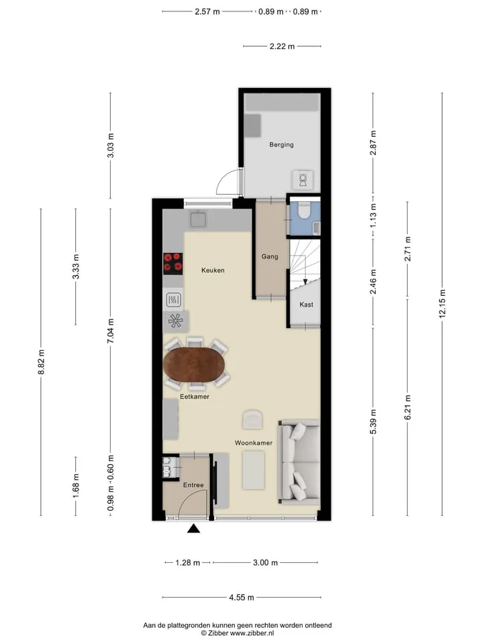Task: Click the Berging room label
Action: (x=281, y=145)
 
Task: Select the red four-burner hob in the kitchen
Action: (x=173, y=264)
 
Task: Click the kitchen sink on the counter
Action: (x=199, y=219)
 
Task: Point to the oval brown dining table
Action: (x=195, y=365)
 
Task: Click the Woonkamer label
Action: (x=254, y=443)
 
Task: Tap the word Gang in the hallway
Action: (x=270, y=256)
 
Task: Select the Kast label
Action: (x=307, y=305)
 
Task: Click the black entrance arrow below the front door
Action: (x=193, y=529)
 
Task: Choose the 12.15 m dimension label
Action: (x=442, y=303)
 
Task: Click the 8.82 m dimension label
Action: (x=41, y=362)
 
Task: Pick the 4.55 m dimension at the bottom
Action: (x=241, y=597)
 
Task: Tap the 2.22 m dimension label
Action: (x=282, y=46)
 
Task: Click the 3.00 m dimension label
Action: (x=266, y=563)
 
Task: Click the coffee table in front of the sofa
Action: (x=254, y=470)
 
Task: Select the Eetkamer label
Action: (x=195, y=396)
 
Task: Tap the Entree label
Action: (x=193, y=485)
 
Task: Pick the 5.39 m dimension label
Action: (x=373, y=422)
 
